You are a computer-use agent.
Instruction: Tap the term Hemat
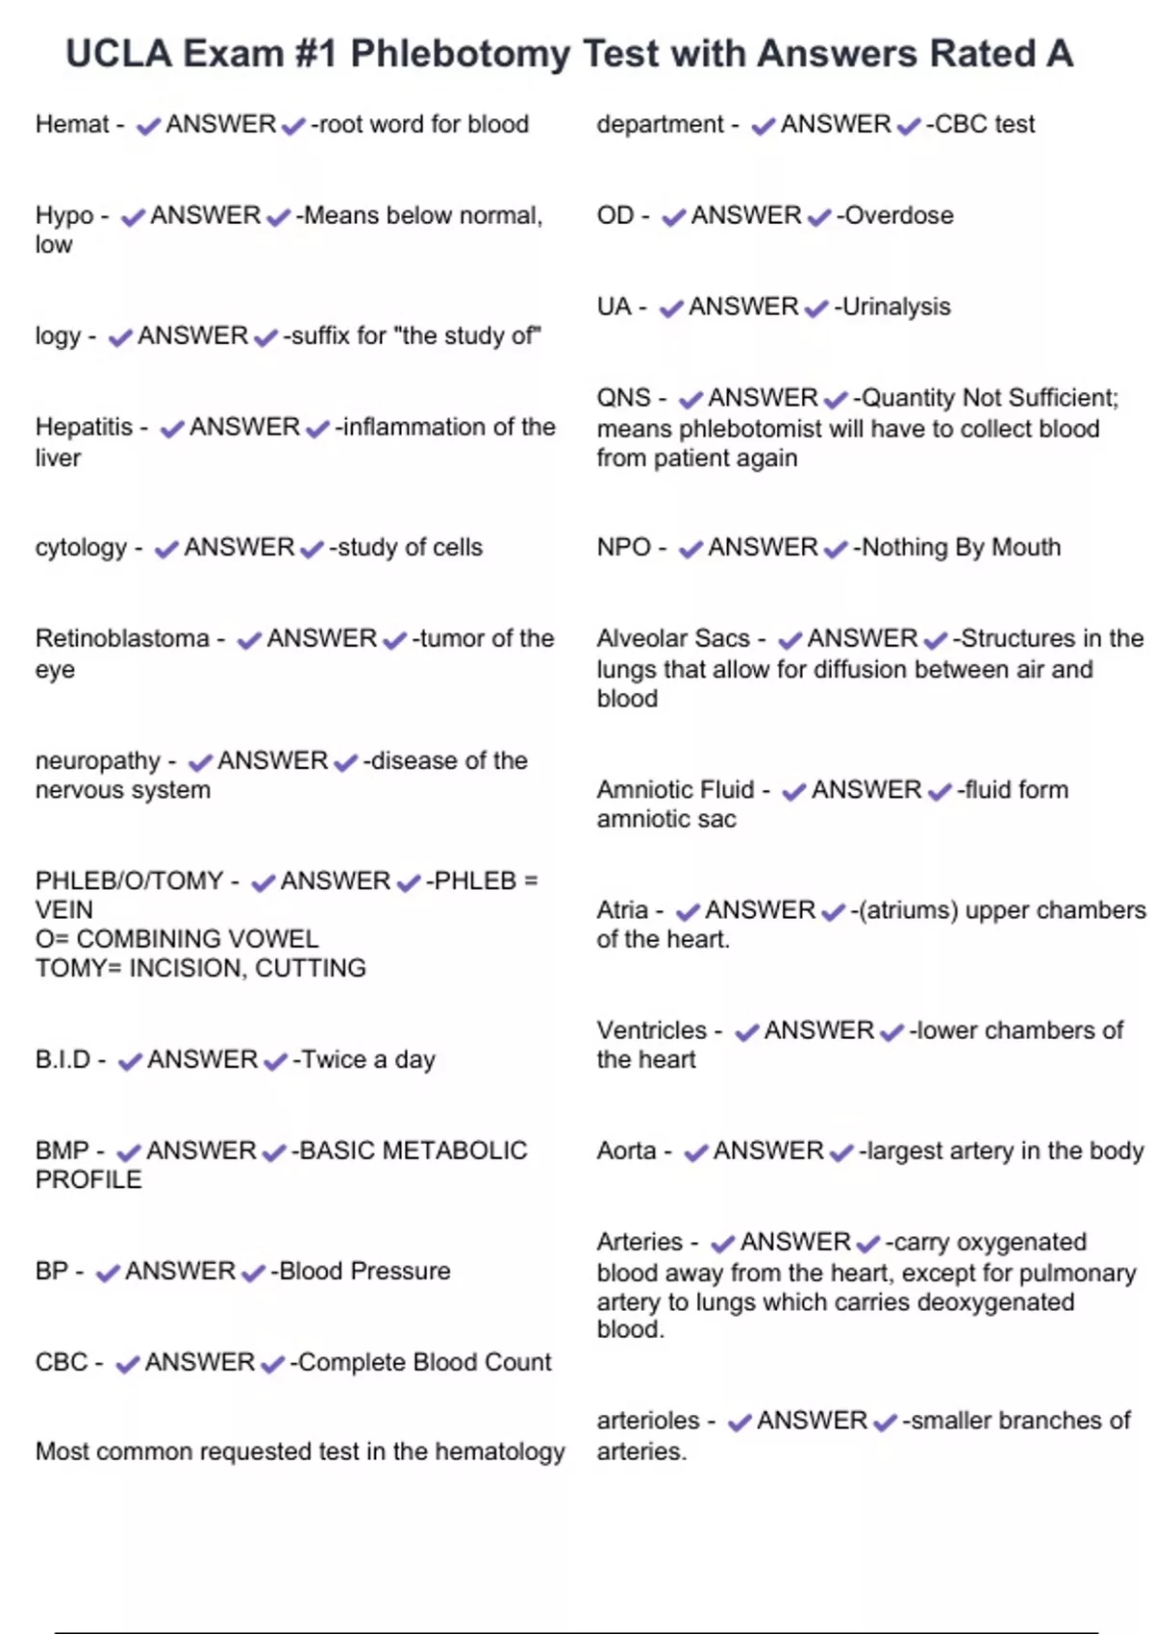coord(72,124)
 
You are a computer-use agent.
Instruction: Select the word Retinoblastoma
coord(122,638)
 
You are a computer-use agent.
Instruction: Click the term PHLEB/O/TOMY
coord(129,880)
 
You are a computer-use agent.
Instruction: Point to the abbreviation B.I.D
coord(63,1059)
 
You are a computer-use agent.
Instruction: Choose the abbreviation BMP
coord(62,1151)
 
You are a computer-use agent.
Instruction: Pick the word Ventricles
coord(651,1030)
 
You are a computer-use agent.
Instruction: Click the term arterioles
coord(648,1420)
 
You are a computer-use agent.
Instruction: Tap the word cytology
coord(81,547)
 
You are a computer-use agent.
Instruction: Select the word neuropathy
coord(97,760)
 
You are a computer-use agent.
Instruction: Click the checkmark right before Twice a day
coord(276,1060)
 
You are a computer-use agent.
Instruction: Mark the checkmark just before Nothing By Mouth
coord(836,549)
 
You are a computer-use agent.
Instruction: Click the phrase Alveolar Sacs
coord(672,638)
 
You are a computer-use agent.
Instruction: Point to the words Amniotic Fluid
coord(675,789)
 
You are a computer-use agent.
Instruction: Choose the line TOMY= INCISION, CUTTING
coord(200,968)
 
